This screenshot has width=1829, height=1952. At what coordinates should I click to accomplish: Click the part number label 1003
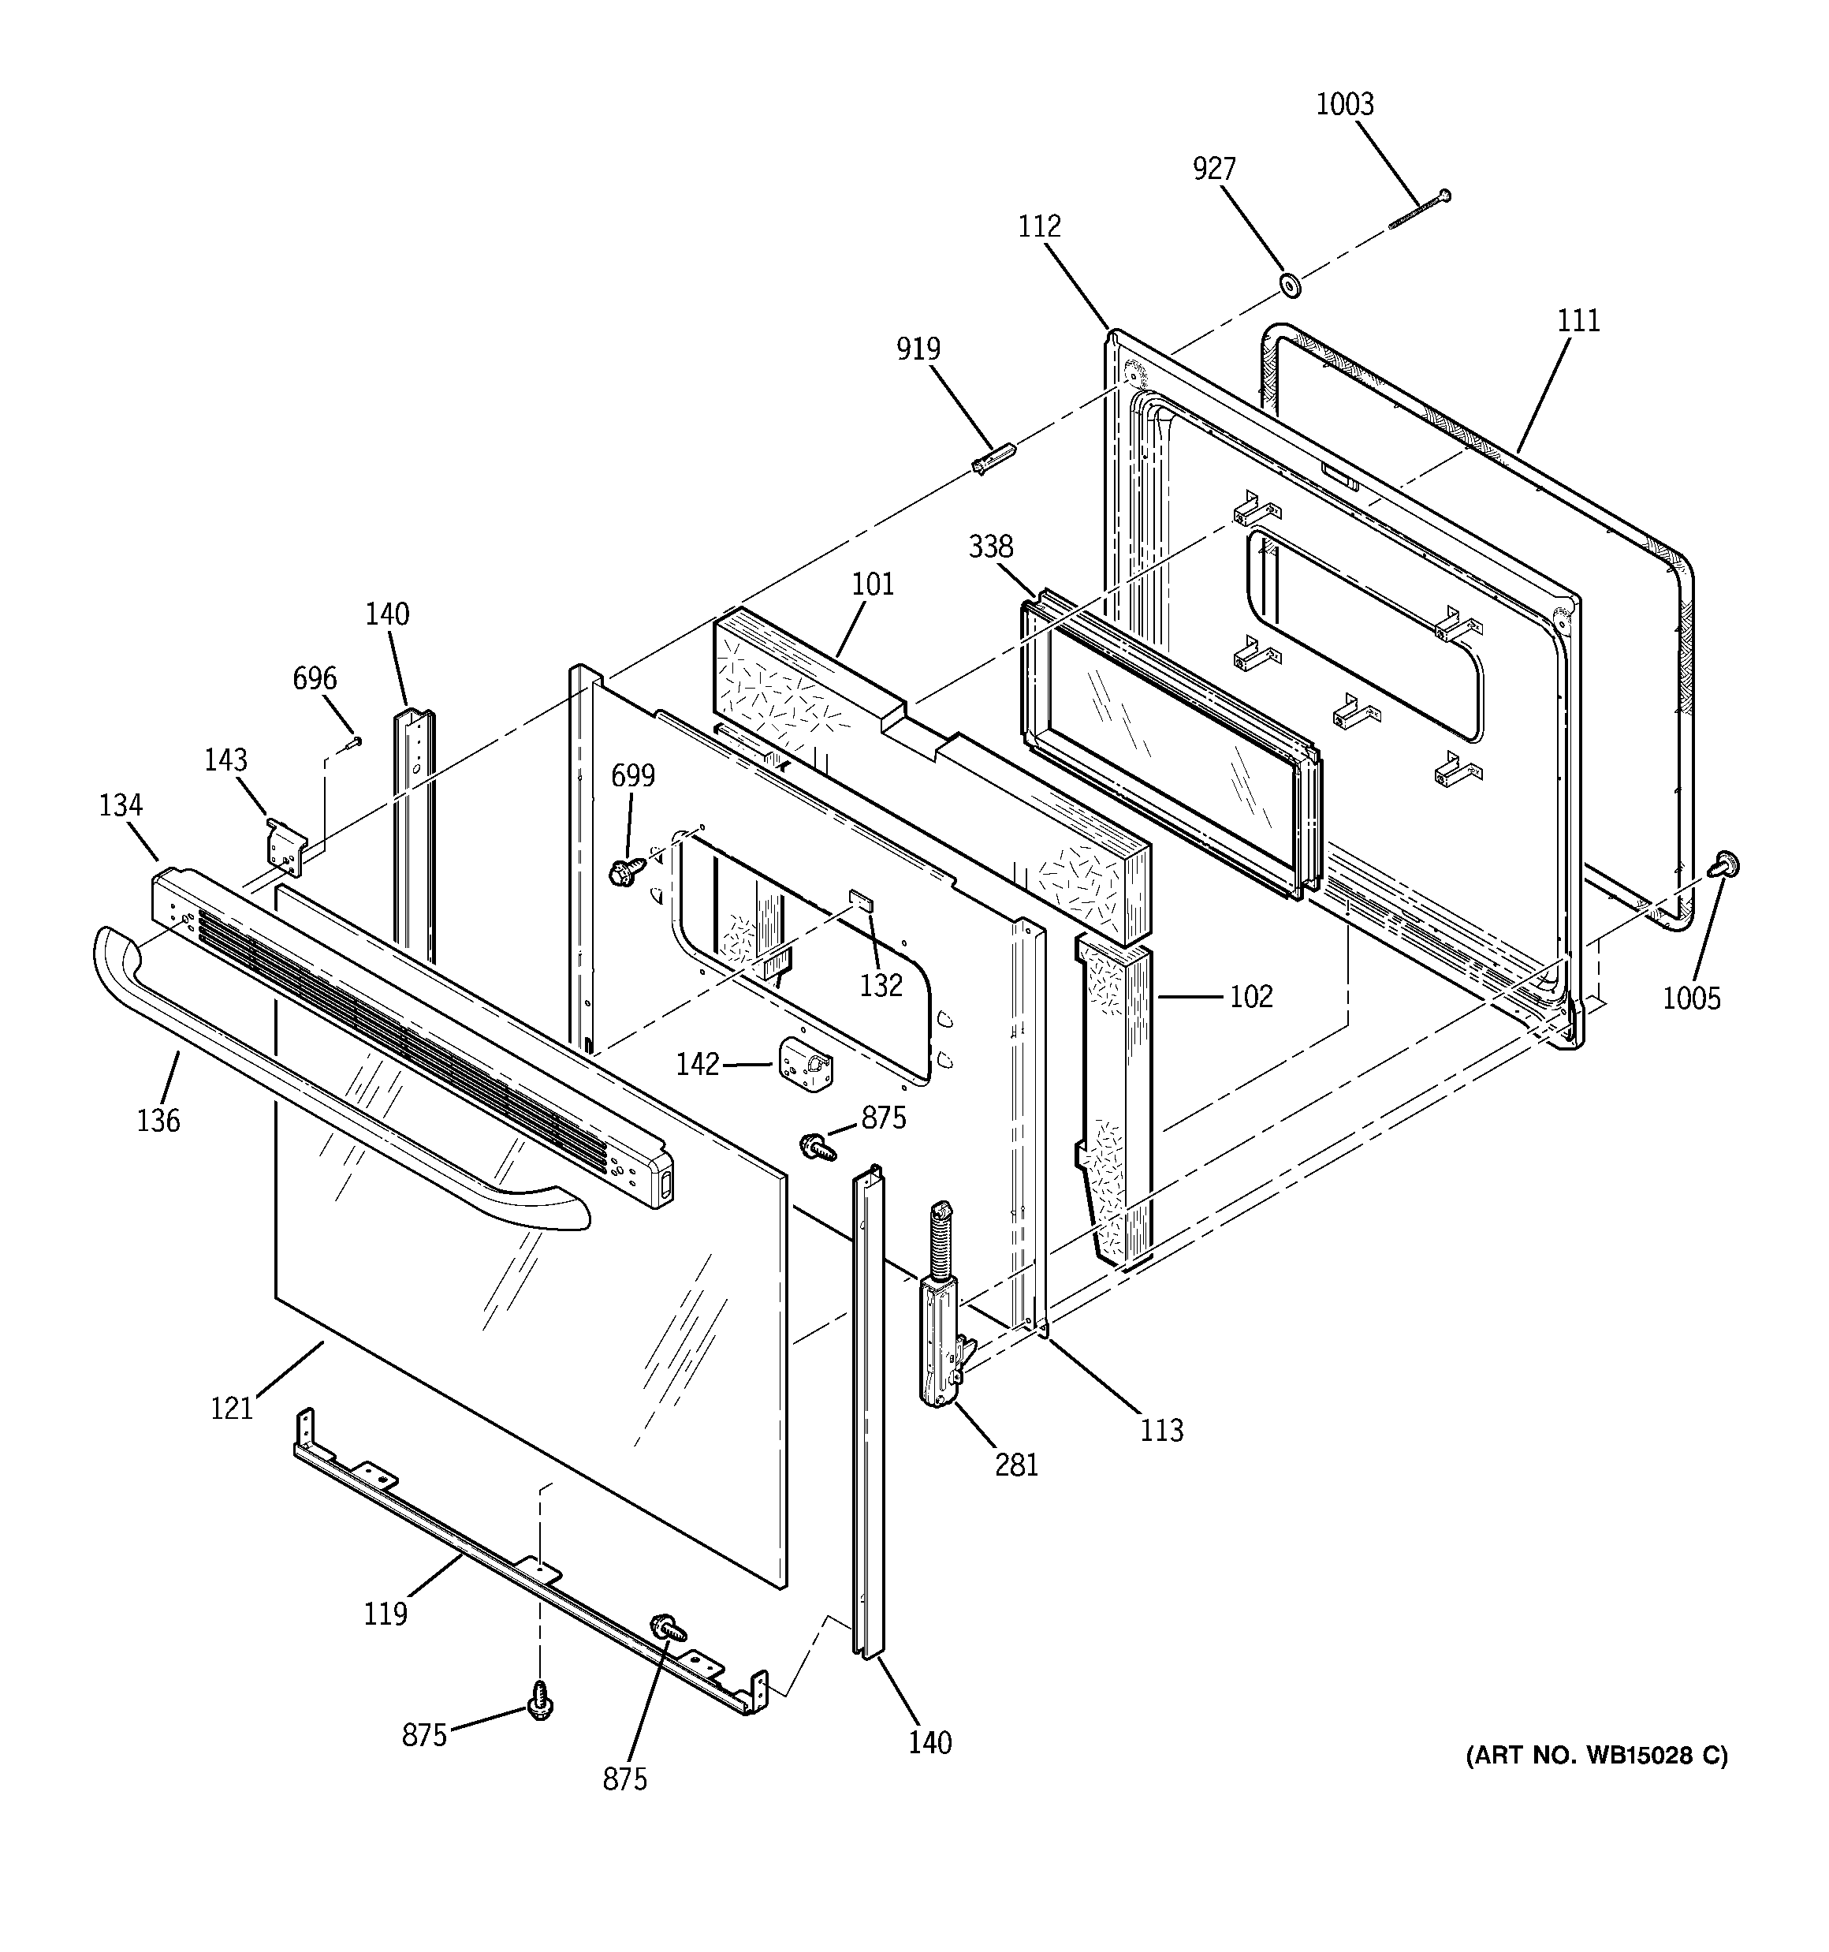click(1344, 104)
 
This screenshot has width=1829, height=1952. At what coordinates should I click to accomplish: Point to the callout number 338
click(991, 547)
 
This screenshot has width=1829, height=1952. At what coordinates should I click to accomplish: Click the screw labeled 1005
click(1723, 865)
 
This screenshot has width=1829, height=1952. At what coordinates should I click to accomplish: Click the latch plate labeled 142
click(803, 1066)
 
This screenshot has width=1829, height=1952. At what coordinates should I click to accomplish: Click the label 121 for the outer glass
click(232, 1408)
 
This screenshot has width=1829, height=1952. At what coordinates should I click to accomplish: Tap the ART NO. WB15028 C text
click(1596, 1755)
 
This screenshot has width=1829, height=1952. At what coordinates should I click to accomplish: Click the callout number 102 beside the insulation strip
click(1251, 997)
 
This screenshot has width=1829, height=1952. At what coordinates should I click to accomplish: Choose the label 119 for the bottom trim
click(385, 1613)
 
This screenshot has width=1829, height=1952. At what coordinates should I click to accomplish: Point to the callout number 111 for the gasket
click(1578, 321)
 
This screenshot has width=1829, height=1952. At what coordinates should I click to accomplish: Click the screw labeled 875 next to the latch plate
click(817, 1145)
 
